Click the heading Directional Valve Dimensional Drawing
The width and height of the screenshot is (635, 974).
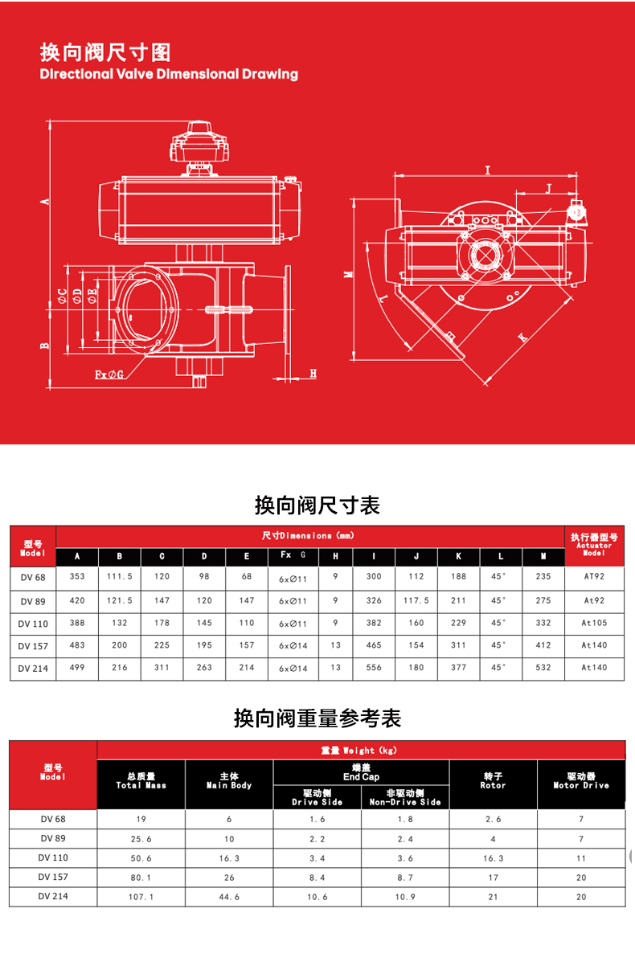[169, 74]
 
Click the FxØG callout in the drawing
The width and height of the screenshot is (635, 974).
[109, 374]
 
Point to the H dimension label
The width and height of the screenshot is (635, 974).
[313, 373]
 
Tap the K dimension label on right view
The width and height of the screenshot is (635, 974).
[522, 337]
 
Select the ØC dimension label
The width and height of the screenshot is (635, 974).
[63, 296]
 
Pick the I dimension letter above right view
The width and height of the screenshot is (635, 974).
[488, 170]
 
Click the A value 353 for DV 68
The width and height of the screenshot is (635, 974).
[77, 576]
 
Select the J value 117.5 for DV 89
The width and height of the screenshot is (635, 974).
[416, 600]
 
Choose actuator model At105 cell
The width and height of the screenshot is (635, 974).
[594, 623]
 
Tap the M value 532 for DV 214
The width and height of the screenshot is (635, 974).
[543, 668]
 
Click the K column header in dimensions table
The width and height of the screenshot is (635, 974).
[458, 556]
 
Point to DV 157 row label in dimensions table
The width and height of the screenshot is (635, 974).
[33, 646]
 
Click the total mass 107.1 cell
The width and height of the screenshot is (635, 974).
[141, 897]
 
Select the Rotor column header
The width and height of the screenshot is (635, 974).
[493, 780]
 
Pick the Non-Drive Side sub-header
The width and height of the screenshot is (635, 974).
[405, 797]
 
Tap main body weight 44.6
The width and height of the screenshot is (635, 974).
[229, 897]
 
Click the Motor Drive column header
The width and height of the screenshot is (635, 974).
[581, 780]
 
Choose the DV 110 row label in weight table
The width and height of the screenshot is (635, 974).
[53, 857]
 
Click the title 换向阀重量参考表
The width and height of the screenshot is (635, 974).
[317, 718]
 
